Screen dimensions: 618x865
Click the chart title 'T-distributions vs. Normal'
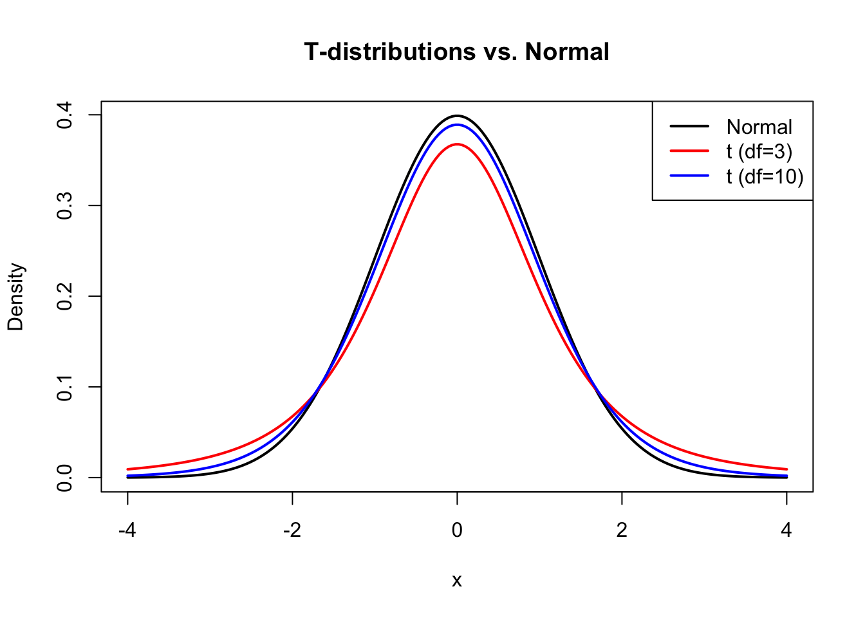456,52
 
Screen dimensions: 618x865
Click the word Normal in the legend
759,127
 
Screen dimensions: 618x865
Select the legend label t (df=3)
759,151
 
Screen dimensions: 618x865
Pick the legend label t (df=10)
765,176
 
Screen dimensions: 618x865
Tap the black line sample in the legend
689,126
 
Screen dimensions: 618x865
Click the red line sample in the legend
689,151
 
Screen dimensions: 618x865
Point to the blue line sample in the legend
689,175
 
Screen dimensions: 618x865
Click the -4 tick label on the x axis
127,530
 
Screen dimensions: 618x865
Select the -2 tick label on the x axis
292,530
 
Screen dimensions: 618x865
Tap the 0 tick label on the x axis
457,530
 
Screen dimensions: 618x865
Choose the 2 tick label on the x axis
622,530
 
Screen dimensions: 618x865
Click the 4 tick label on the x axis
786,530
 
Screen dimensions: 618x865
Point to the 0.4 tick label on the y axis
64,115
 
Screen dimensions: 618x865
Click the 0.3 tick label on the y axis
64,206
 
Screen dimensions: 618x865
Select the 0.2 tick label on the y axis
64,296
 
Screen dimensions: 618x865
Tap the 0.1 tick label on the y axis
64,387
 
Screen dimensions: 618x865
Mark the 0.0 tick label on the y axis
64,478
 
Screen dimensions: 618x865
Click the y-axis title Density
15,297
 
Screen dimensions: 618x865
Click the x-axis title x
457,581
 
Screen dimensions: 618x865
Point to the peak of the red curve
457,144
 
